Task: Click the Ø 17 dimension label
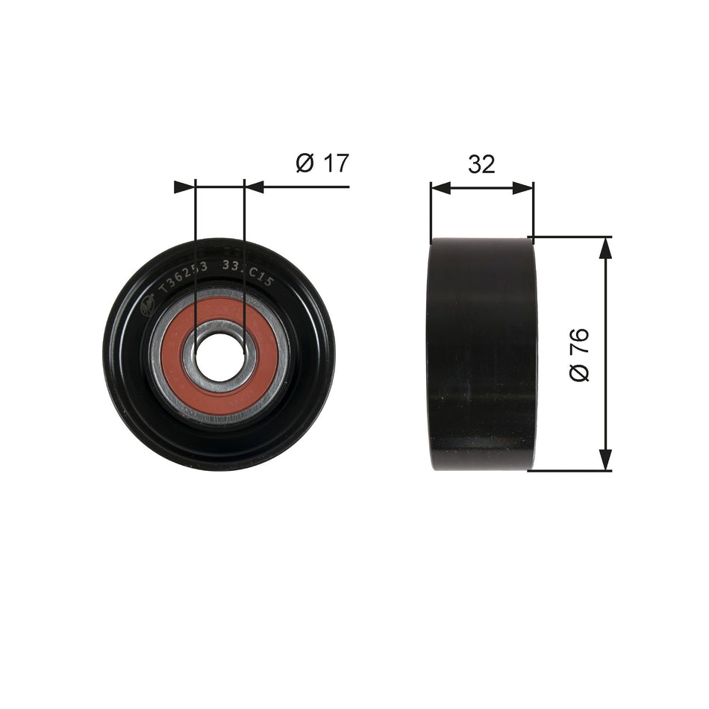click(322, 163)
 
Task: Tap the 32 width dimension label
click(481, 164)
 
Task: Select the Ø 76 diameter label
click(579, 354)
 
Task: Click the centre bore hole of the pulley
click(219, 355)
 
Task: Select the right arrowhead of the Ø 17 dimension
click(254, 187)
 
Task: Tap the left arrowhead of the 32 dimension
click(441, 187)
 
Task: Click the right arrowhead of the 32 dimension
click(523, 187)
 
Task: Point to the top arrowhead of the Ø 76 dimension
click(605, 249)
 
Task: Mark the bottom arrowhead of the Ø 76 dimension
click(605, 460)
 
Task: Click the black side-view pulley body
click(481, 354)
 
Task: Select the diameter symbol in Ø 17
click(304, 163)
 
